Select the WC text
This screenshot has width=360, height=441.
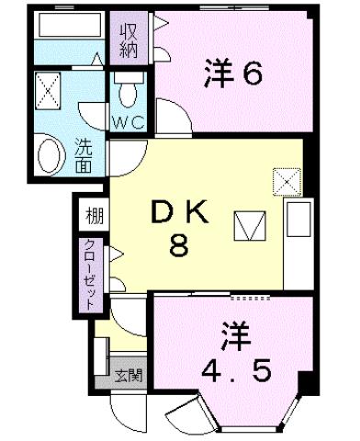pos(130,119)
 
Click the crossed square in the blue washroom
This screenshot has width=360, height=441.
pos(48,89)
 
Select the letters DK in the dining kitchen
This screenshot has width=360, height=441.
pos(180,213)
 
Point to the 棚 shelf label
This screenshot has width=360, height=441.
pos(94,217)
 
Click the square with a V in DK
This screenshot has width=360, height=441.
pos(248,224)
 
